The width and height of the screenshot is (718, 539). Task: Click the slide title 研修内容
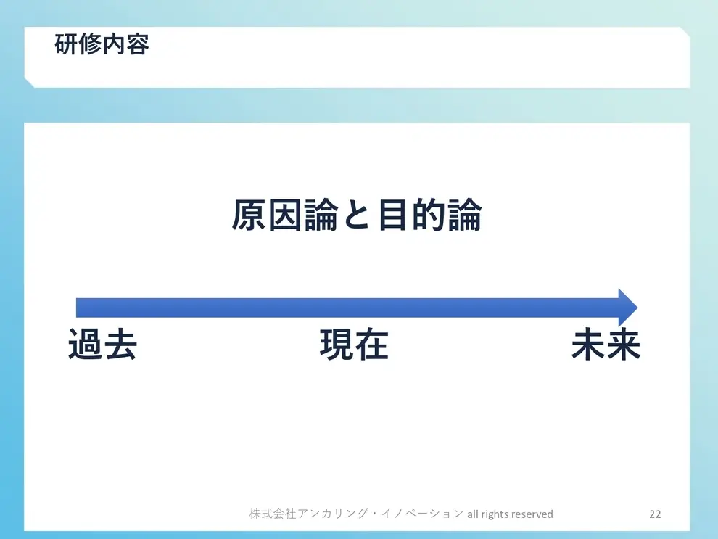point(102,45)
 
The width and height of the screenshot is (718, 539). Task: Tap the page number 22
point(655,514)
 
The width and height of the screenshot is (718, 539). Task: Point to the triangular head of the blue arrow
point(627,308)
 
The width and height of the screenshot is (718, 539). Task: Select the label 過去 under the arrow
point(102,345)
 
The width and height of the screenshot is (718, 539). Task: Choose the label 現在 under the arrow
point(354,345)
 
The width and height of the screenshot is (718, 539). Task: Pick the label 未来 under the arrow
point(606,345)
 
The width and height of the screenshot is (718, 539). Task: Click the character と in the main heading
point(356,216)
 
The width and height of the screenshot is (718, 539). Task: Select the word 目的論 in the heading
point(429,216)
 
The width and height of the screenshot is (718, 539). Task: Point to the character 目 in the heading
point(392,216)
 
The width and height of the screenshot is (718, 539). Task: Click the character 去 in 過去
point(120,345)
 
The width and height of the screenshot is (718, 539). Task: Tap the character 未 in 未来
point(588,345)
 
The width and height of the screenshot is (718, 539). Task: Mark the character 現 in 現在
point(337,345)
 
